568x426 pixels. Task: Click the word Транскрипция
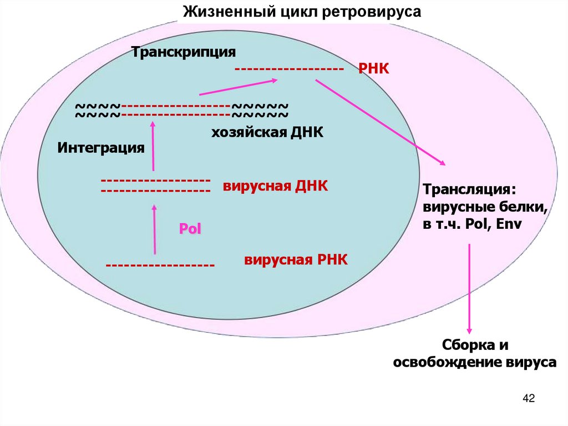point(184,52)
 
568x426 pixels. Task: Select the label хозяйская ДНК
point(266,133)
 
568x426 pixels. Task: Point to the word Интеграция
point(101,148)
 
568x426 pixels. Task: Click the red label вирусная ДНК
point(276,186)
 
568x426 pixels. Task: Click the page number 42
point(528,398)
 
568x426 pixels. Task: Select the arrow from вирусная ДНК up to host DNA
point(153,147)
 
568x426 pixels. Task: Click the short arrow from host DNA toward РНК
point(238,87)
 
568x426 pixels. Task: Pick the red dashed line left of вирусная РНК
point(160,265)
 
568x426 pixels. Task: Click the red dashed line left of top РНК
point(287,69)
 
